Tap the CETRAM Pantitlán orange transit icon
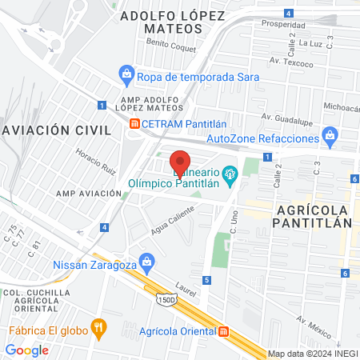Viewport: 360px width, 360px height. pyautogui.click(x=135, y=123)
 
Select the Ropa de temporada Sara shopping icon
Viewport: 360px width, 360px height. pyautogui.click(x=126, y=77)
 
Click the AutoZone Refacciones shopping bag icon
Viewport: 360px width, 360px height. pyautogui.click(x=329, y=138)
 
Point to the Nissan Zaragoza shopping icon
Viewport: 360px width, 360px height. pyautogui.click(x=146, y=261)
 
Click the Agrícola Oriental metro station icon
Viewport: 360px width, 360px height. pyautogui.click(x=222, y=330)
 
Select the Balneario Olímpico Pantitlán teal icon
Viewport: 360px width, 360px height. pyautogui.click(x=230, y=173)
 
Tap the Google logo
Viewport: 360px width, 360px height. pyautogui.click(x=27, y=350)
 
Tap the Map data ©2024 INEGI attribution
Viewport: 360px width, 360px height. pyautogui.click(x=312, y=354)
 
